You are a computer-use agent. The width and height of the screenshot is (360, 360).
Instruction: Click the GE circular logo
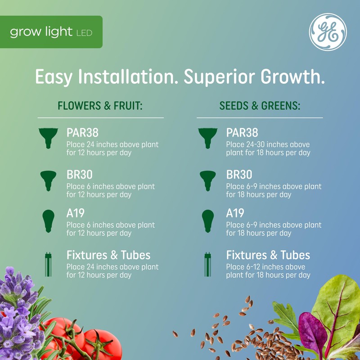point(328,32)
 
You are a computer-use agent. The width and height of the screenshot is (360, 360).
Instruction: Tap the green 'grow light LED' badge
point(51,32)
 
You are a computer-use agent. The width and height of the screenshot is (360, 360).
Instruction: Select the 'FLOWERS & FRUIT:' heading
point(100,106)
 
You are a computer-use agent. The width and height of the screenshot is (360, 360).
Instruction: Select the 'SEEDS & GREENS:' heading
point(260,106)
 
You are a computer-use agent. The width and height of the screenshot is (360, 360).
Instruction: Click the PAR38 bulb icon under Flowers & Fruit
point(48,138)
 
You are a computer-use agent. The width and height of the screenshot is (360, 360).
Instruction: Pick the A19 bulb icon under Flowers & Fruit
point(48,220)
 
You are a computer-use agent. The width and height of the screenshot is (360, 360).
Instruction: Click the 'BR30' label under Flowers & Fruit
point(80,175)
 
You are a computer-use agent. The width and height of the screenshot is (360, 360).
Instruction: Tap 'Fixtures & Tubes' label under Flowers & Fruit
point(108,255)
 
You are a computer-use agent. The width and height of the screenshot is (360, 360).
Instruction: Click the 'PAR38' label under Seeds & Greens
point(242,133)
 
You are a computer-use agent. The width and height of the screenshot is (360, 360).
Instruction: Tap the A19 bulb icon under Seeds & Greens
point(207,220)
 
